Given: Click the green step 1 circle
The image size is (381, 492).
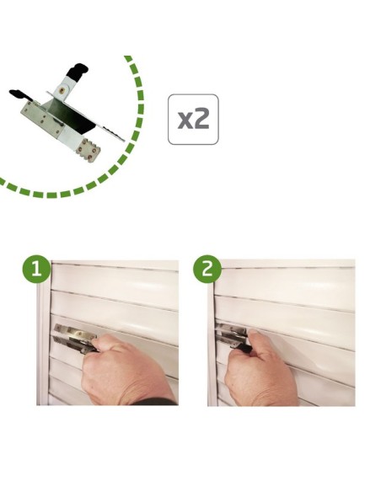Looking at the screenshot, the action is tap(36, 269).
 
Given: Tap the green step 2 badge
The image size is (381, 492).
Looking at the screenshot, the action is tap(207, 269).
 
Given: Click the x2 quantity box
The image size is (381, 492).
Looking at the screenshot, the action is tap(193, 120).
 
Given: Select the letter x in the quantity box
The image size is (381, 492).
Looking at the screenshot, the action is tap(185, 121).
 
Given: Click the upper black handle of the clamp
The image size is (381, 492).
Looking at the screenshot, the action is tap(77, 70).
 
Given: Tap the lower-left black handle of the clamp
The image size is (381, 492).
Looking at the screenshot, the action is tap(19, 94).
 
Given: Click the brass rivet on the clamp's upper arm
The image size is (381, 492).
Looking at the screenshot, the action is tap(61, 91).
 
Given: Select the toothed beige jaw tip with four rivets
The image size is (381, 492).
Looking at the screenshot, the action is tap(89, 150).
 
